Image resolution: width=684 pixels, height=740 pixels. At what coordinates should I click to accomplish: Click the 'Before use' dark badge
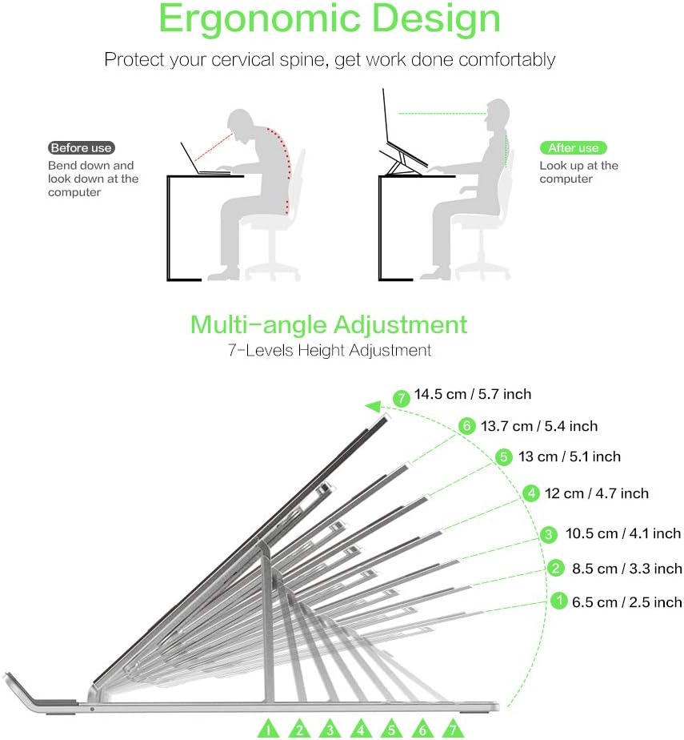[x=81, y=148]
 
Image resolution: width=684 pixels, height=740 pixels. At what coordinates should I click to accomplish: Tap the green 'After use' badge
[x=573, y=148]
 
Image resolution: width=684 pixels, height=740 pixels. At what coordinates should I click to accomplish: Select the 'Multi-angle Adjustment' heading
[x=329, y=324]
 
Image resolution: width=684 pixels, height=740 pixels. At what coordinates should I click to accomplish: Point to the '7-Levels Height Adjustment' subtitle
[x=329, y=350]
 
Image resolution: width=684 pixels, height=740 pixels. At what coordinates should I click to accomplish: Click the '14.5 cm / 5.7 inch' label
[x=472, y=394]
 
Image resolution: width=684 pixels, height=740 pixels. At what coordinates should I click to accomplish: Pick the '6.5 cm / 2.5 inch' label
[x=626, y=602]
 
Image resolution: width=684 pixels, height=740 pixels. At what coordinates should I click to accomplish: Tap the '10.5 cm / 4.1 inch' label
[x=622, y=533]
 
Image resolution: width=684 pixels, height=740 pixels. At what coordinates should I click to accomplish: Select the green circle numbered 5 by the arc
[x=503, y=457]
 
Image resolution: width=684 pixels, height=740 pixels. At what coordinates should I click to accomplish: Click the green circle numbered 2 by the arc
[x=557, y=569]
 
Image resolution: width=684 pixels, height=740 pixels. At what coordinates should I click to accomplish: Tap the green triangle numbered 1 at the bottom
[x=270, y=730]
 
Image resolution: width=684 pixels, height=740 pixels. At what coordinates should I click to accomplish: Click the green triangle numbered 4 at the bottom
[x=361, y=730]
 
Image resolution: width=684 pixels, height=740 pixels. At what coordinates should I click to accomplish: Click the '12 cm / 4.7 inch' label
[x=596, y=493]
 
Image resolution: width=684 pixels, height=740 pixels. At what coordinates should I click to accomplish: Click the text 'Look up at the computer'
[x=578, y=172]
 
